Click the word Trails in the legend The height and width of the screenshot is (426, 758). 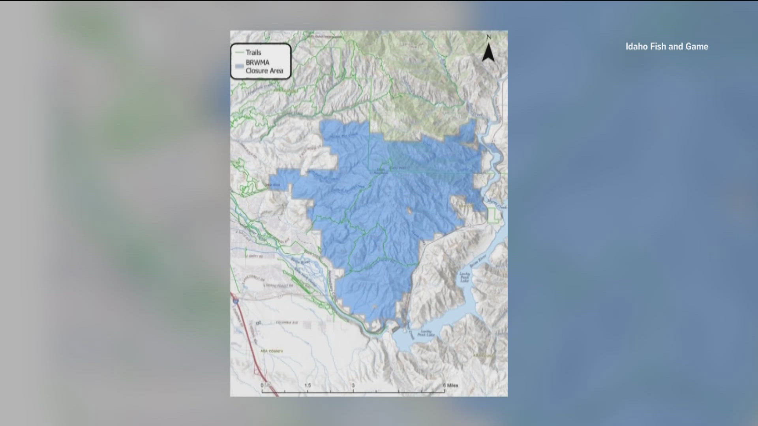253,52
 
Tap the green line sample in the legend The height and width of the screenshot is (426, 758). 238,52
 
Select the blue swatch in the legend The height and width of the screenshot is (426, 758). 238,67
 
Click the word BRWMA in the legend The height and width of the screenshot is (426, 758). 257,63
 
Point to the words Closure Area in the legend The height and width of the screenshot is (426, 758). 264,71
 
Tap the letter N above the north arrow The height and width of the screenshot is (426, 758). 489,37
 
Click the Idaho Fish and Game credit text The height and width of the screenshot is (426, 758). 666,47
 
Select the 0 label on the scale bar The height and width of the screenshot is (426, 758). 262,385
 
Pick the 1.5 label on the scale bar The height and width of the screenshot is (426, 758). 308,385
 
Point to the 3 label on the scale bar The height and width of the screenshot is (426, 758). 353,385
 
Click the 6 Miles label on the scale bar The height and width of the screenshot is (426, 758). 450,385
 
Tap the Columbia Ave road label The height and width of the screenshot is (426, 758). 287,323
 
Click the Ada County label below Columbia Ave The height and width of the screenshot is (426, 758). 272,351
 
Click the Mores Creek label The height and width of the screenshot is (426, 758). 497,204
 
